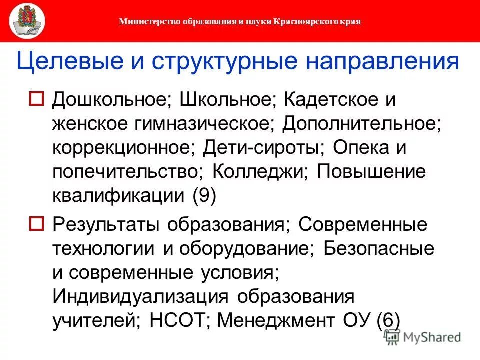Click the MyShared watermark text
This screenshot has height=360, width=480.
432,337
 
